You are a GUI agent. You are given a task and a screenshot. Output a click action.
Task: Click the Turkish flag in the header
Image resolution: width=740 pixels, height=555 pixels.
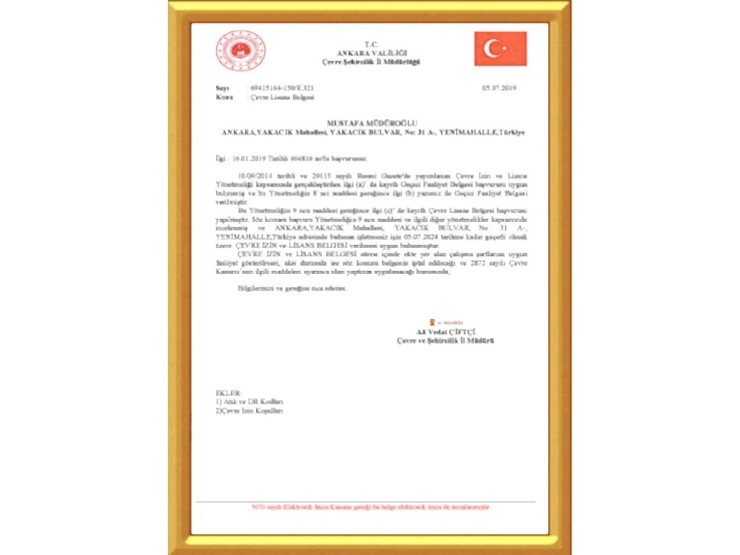[500, 49]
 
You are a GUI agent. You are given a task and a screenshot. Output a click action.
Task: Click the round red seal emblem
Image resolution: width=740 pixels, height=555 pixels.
[241, 51]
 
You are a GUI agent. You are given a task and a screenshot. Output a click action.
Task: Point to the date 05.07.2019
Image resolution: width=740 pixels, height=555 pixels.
[499, 88]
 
